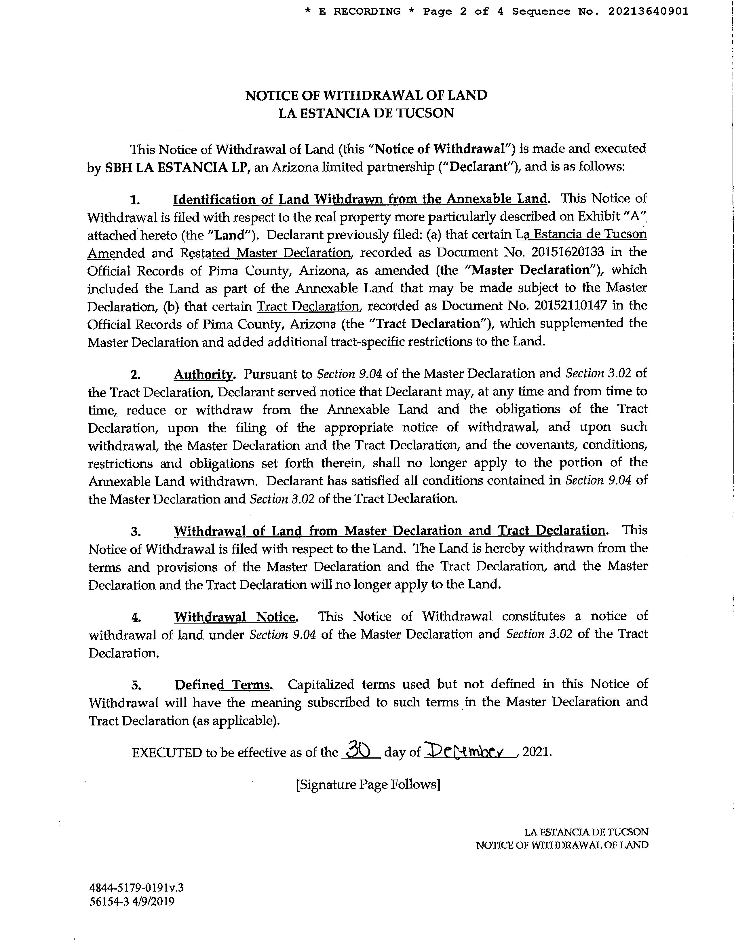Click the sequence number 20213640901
(648, 12)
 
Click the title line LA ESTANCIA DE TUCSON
(366, 113)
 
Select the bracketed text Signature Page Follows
(368, 784)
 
